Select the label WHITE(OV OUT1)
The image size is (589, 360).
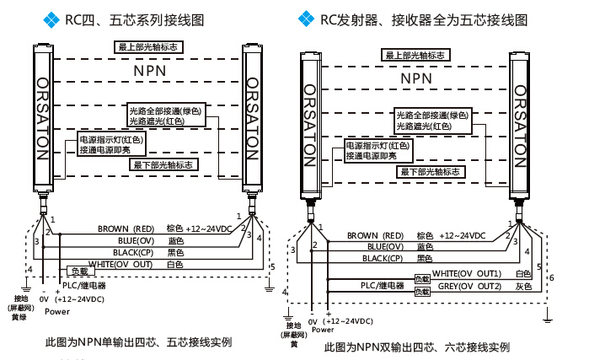coord(467,273)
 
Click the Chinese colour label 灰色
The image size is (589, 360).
coord(523,287)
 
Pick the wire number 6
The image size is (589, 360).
coord(550,277)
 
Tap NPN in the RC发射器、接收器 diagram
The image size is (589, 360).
coord(419,78)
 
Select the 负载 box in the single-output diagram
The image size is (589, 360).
coord(78,271)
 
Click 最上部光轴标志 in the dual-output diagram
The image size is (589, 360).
coord(415,56)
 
